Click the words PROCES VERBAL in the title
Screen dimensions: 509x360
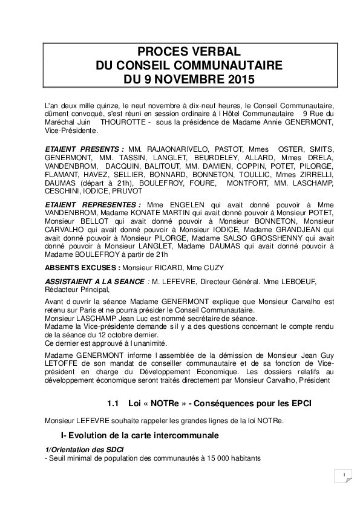[x=180, y=52]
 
